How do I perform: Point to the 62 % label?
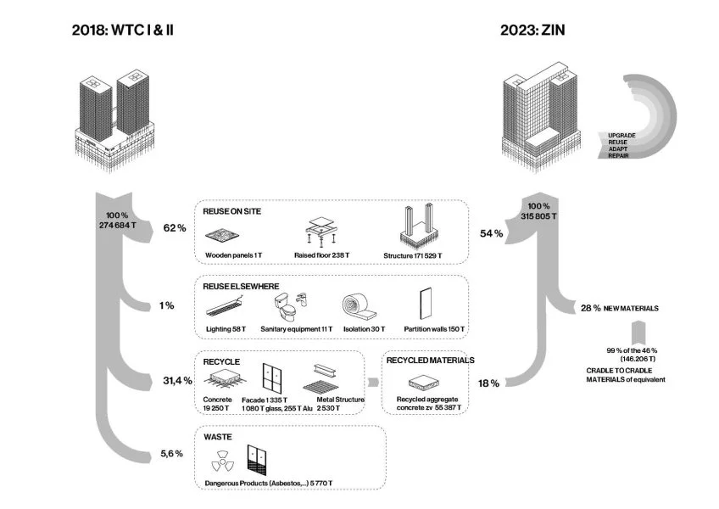175,228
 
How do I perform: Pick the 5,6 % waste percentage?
172,454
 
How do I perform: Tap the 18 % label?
489,383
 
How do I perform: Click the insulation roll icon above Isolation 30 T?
357,307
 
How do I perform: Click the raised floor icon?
322,230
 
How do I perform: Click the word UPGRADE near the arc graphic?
621,135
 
